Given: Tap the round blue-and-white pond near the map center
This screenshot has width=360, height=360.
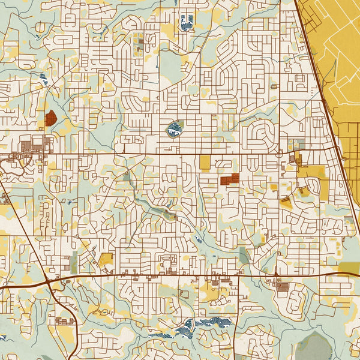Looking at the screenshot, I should tap(174, 128).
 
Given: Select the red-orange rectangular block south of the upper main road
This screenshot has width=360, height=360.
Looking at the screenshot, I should tap(229, 179).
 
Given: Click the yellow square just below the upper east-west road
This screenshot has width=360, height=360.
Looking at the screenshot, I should tap(205, 162).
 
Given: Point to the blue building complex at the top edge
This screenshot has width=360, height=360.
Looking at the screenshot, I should tap(187, 22).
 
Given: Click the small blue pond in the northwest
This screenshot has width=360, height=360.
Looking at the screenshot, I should tap(43, 77).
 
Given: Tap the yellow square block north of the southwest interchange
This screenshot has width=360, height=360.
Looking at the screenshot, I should tap(106, 259).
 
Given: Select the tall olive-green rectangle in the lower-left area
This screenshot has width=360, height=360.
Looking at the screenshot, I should tap(74, 264).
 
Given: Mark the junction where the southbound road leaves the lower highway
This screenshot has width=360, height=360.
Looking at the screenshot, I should tap(239, 276).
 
